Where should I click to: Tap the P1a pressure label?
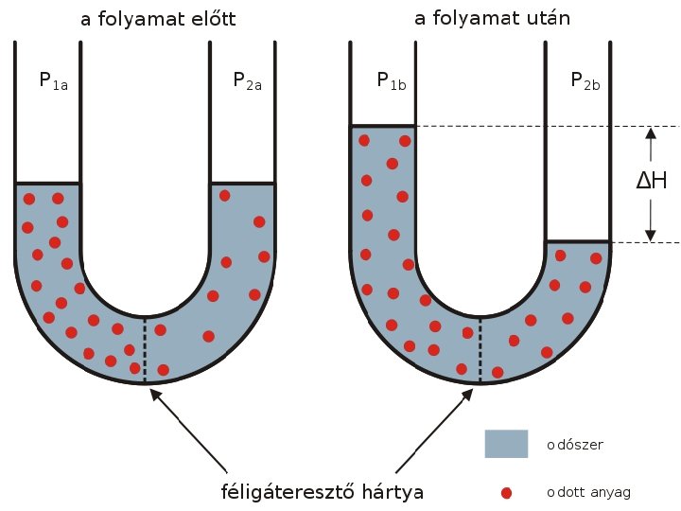click(53, 81)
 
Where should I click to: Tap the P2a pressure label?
click(247, 81)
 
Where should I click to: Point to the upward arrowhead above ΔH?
click(650, 135)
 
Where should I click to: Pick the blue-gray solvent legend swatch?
click(506, 444)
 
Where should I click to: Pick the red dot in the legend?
click(506, 493)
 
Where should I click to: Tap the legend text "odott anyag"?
click(587, 493)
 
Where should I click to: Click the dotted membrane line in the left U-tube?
click(145, 350)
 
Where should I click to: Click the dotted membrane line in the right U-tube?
click(480, 351)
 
